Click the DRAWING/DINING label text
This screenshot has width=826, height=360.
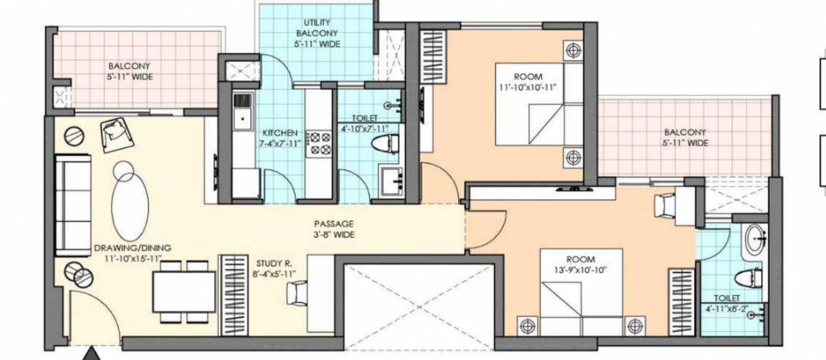tap(132, 248)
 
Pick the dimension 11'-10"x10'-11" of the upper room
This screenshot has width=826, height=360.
tap(527, 87)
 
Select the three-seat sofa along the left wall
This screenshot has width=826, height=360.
tap(73, 205)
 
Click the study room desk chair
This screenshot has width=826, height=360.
tap(297, 292)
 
